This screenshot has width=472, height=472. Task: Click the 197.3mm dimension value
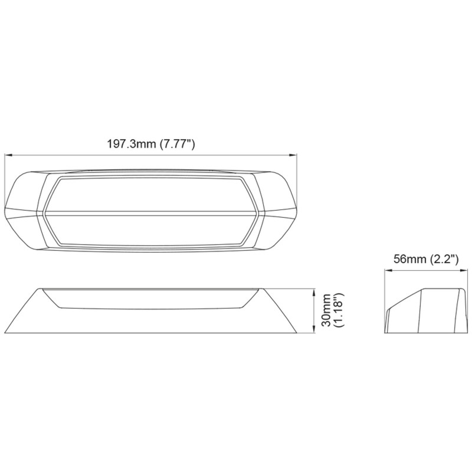point(132,144)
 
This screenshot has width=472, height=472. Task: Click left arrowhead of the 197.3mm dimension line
point(8,155)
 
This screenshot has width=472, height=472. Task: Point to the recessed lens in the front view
point(150,298)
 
